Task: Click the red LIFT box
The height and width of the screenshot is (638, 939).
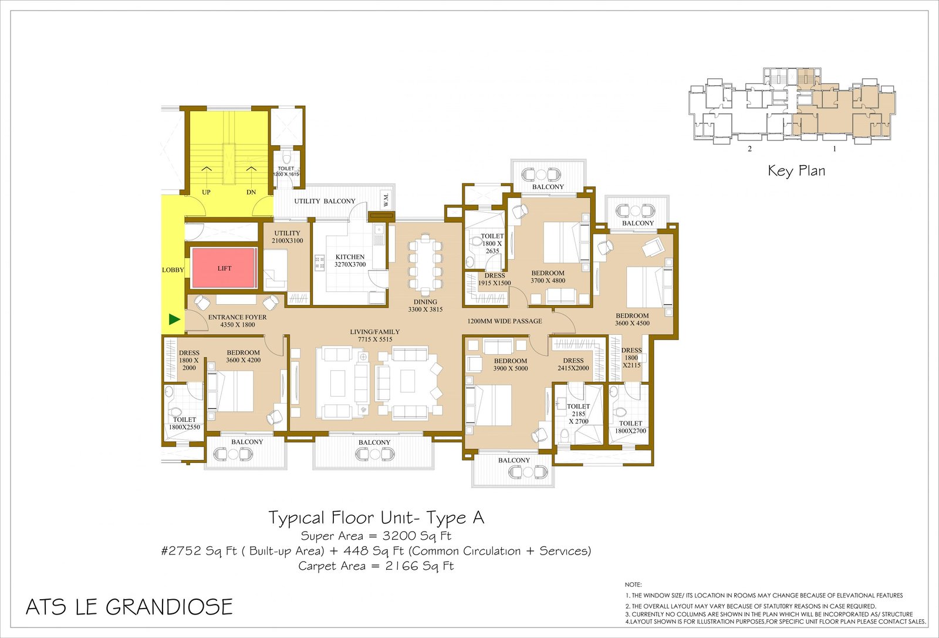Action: [224, 268]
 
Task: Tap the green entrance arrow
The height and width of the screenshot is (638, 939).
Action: [174, 320]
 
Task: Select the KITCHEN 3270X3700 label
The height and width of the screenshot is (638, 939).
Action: [350, 261]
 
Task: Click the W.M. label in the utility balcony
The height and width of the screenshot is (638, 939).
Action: [386, 199]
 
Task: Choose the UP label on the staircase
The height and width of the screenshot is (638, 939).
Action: [206, 192]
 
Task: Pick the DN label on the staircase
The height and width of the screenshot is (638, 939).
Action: [251, 192]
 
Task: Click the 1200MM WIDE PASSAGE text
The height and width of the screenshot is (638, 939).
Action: [505, 321]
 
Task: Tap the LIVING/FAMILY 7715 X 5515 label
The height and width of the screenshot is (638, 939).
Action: [375, 335]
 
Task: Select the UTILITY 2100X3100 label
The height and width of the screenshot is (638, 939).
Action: [287, 237]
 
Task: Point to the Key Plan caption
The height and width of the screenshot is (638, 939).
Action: [796, 171]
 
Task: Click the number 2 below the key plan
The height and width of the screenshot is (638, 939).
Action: [750, 149]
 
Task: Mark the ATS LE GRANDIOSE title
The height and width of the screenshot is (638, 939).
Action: [129, 607]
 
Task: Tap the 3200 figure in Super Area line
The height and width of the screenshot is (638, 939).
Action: [398, 536]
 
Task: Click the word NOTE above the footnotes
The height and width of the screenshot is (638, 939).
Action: [633, 585]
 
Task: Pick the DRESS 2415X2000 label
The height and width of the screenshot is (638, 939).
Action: [573, 364]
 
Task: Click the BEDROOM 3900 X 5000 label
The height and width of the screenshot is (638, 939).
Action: [510, 365]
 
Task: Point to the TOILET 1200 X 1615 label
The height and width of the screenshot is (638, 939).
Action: [286, 172]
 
